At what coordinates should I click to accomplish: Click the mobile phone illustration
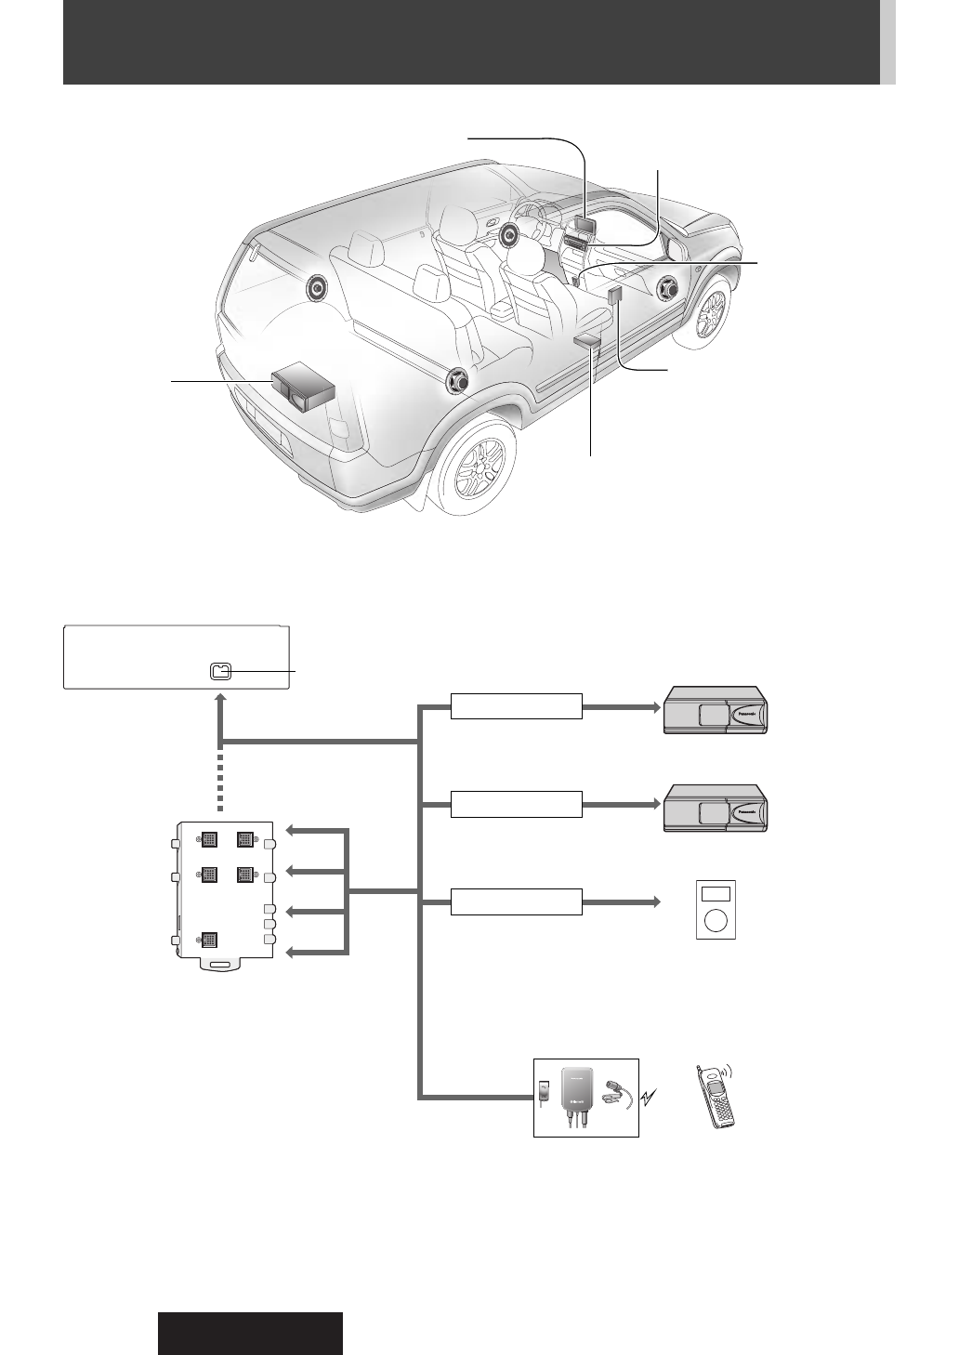[x=716, y=1097]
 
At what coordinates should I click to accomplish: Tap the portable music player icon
[x=716, y=909]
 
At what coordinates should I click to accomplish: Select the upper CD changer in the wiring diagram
[x=716, y=710]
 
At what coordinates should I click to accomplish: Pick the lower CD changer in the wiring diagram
[x=716, y=807]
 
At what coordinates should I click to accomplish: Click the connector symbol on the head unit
[x=219, y=671]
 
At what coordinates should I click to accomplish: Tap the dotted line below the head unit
[x=220, y=781]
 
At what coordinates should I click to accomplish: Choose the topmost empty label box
[x=517, y=706]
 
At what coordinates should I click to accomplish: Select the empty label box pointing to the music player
[x=517, y=901]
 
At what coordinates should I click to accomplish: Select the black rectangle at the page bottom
[x=250, y=1333]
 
